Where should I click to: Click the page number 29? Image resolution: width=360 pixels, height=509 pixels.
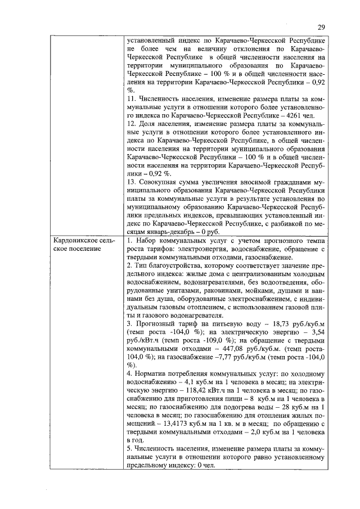(x=321, y=27)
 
